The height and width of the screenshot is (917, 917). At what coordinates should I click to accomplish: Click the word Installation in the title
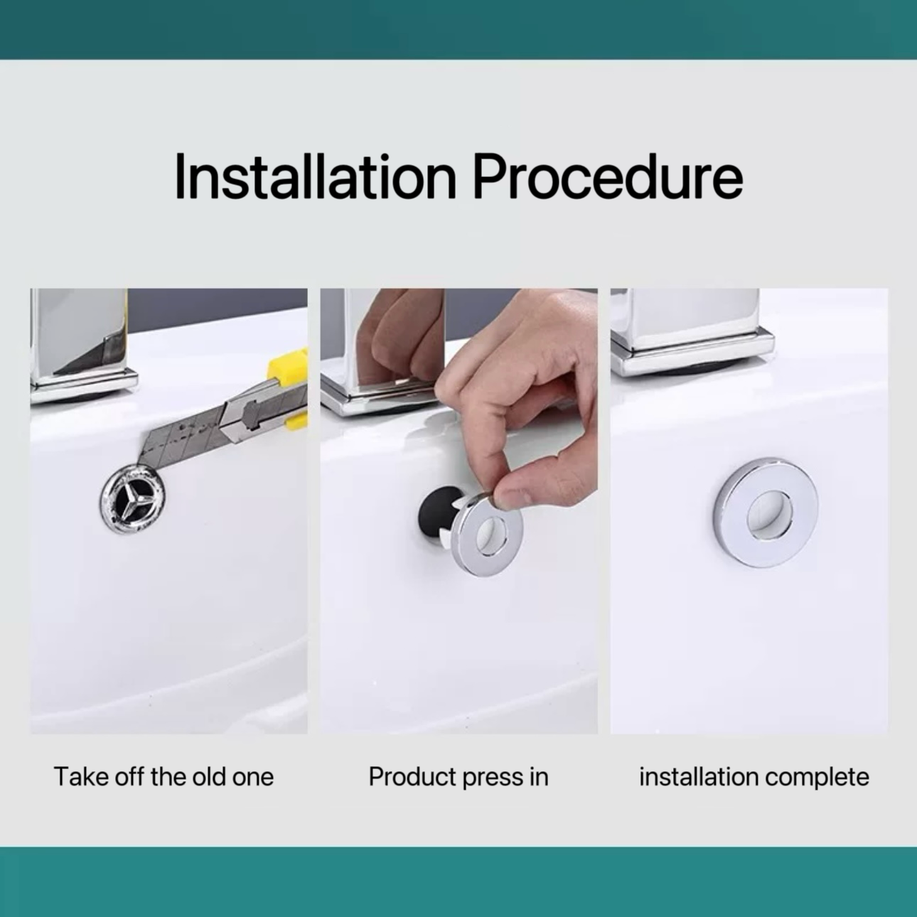coord(316,176)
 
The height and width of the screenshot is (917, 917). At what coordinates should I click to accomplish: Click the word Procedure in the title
coord(608,176)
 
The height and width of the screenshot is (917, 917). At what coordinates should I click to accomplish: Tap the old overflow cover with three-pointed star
coord(133,500)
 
